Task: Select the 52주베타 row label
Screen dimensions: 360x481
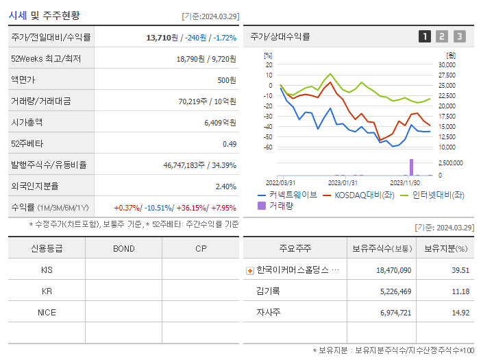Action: [27, 143]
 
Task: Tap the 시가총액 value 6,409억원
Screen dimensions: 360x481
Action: [220, 122]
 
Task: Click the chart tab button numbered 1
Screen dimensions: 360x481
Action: [425, 36]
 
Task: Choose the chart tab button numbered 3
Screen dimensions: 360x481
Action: [459, 36]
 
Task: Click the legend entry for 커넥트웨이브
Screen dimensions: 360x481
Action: [288, 195]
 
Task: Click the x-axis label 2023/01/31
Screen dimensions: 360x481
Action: [343, 183]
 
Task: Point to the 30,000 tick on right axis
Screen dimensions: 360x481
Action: [446, 65]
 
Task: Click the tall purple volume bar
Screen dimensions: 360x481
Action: [412, 167]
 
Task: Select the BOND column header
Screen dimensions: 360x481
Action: [124, 248]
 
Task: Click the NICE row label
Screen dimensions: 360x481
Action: [47, 312]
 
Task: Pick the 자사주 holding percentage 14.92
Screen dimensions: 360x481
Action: [458, 313]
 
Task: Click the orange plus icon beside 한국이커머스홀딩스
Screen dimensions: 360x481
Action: [249, 270]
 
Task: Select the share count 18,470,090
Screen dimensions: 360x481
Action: [393, 270]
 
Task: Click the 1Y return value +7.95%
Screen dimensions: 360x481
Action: [224, 207]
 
